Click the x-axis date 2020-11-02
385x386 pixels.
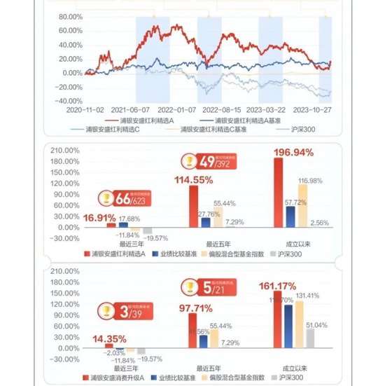(x=85, y=109)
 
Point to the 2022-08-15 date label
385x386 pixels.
(x=221, y=109)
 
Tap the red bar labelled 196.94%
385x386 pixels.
(x=278, y=193)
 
